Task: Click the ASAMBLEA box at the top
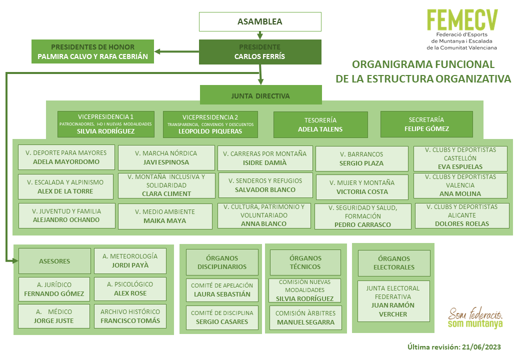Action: tap(260, 21)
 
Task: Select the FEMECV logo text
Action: tap(462, 20)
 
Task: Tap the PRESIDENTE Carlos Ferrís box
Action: tap(260, 51)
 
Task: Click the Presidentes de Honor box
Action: tap(92, 51)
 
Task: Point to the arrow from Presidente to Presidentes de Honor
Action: tap(177, 51)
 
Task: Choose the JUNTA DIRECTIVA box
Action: tap(260, 95)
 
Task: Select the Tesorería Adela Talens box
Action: tap(320, 124)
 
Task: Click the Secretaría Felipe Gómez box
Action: tap(426, 124)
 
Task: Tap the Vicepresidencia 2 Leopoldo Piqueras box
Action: tap(210, 124)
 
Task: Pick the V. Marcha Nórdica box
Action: tap(166, 158)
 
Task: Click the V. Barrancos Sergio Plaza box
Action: tap(362, 159)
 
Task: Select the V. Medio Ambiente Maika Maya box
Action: tap(165, 216)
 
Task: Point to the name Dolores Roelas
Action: tap(462, 224)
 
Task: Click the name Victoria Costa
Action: tap(362, 192)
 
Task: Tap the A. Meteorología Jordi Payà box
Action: tap(130, 261)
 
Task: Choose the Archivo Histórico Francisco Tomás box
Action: tap(130, 316)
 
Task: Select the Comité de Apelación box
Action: tap(222, 290)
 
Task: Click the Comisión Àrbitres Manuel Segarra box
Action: tap(305, 318)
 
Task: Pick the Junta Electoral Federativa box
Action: tap(393, 301)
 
